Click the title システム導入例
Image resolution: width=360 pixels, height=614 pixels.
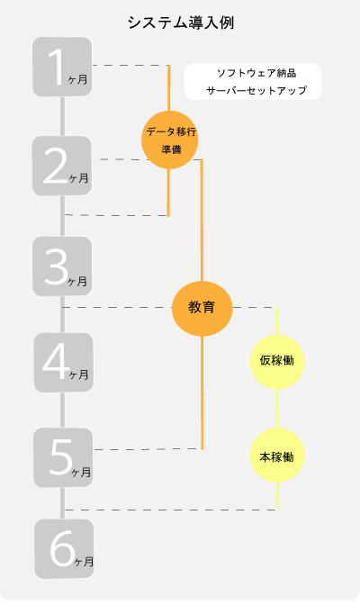(181, 23)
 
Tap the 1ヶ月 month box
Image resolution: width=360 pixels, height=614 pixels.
(62, 67)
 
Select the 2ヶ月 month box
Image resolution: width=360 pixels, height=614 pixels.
(62, 166)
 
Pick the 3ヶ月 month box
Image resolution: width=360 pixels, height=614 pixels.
(62, 266)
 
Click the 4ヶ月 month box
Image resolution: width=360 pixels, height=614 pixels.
(63, 363)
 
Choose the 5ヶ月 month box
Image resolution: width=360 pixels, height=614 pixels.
(63, 457)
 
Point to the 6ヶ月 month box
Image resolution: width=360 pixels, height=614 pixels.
(64, 549)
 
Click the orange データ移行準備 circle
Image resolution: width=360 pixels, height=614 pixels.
(169, 140)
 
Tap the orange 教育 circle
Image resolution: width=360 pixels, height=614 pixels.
(202, 308)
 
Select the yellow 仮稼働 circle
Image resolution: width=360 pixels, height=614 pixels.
(277, 361)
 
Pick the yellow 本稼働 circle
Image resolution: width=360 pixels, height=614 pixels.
(277, 455)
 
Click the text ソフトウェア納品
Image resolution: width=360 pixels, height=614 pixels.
(256, 73)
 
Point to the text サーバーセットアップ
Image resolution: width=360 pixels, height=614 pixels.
(256, 90)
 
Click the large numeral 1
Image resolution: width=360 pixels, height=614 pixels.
(56, 67)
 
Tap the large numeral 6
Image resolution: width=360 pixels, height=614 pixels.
(62, 548)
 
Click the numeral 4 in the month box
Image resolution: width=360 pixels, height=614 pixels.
(56, 363)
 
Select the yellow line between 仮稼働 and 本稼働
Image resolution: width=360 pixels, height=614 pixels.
(277, 409)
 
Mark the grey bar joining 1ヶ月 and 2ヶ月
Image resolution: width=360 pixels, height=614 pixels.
(62, 116)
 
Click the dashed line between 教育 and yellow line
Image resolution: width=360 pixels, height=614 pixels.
(255, 307)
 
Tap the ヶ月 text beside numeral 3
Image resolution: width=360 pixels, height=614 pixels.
(77, 281)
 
